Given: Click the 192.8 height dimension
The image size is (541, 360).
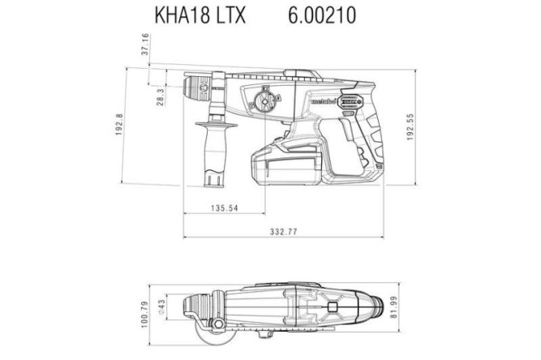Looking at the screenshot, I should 119,125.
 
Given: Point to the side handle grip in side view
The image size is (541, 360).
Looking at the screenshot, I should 216,150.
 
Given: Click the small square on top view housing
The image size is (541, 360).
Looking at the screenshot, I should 333,307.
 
